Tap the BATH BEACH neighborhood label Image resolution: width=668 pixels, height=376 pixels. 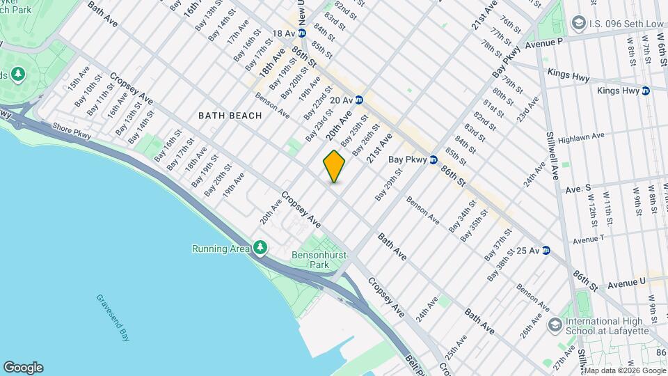[230, 115]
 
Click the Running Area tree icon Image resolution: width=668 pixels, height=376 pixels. [260, 248]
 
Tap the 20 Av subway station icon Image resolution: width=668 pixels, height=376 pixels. [359, 100]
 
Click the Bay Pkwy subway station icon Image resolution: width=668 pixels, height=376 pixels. [433, 159]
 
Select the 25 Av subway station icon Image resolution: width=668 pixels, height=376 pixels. [546, 251]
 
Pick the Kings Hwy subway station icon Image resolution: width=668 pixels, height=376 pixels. [646, 91]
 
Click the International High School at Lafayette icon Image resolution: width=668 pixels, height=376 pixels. [555, 324]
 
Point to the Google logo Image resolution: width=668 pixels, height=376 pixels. [23, 368]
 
